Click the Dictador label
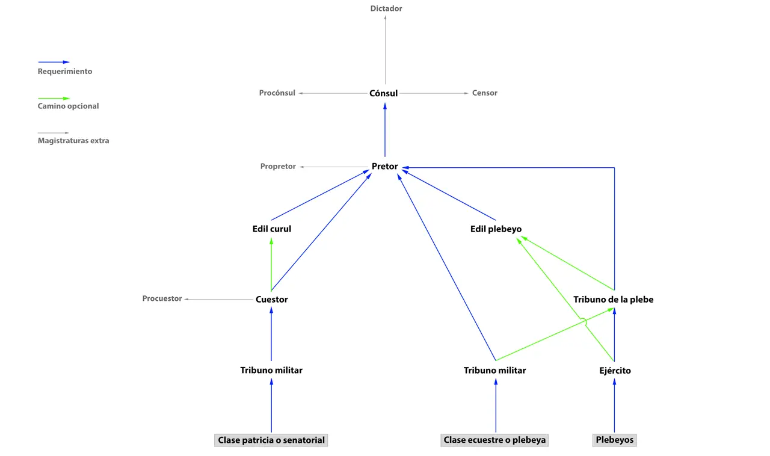tap(386, 8)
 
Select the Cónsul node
tap(384, 93)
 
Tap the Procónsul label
tap(277, 93)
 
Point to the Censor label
tap(485, 93)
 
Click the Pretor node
tap(385, 166)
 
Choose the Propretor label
tap(278, 167)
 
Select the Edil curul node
tap(272, 229)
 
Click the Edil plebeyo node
tap(496, 229)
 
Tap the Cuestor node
tap(272, 299)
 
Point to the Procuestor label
tap(162, 298)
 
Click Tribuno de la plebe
tap(613, 299)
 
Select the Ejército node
tap(614, 371)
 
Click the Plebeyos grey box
tap(615, 440)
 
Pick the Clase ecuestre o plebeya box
tap(494, 440)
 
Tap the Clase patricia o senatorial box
tap(271, 440)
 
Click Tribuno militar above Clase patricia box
tap(271, 370)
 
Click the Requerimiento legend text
tap(65, 71)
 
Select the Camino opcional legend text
tap(68, 106)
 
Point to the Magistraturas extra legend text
tap(73, 141)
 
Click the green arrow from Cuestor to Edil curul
tap(271, 265)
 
